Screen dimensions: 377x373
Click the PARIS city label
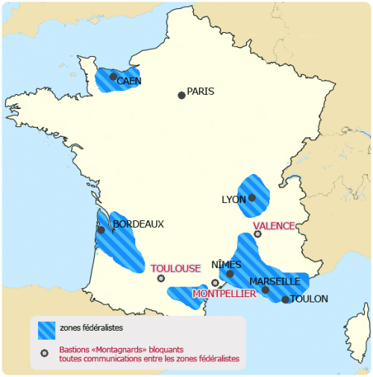[x=201, y=92]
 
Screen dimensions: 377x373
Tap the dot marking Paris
[x=181, y=95]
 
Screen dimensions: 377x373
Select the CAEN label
[x=129, y=81]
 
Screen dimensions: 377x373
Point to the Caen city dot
[x=113, y=76]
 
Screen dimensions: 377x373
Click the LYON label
[x=234, y=200]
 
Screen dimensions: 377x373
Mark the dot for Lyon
[x=252, y=198]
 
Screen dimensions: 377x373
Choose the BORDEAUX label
[x=138, y=223]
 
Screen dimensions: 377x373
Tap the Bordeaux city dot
[x=101, y=230]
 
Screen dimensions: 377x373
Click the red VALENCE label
[x=274, y=225]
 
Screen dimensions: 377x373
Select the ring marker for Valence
[x=258, y=234]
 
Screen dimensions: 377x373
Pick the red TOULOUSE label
[x=176, y=268]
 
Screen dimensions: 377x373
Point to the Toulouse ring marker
[x=161, y=278]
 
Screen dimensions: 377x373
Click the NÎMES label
[x=226, y=265]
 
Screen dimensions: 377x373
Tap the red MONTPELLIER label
[x=225, y=294]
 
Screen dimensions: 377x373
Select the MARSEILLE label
[x=275, y=281]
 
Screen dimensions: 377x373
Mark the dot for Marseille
[x=266, y=290]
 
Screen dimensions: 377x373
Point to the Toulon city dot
[x=286, y=299]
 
